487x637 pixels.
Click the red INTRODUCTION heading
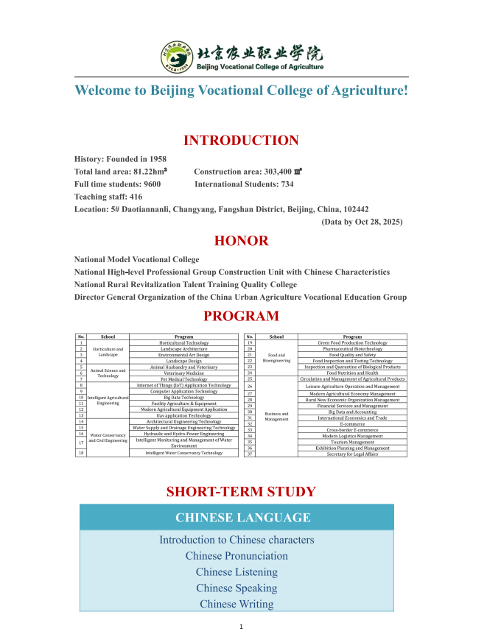coord(241,141)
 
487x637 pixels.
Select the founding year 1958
coord(153,159)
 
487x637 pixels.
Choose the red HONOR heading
coord(241,241)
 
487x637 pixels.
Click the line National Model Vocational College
coord(137,259)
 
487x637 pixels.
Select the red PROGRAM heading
coord(241,317)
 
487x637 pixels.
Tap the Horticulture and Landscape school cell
coord(108,351)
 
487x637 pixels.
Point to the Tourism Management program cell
coord(352,442)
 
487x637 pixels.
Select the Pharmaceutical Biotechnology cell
coord(352,348)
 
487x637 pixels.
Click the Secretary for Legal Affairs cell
coord(352,454)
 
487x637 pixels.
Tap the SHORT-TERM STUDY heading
coord(241,492)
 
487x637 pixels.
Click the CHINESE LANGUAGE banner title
coord(242,518)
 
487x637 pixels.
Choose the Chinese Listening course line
coord(237,572)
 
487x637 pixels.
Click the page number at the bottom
coord(242,626)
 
